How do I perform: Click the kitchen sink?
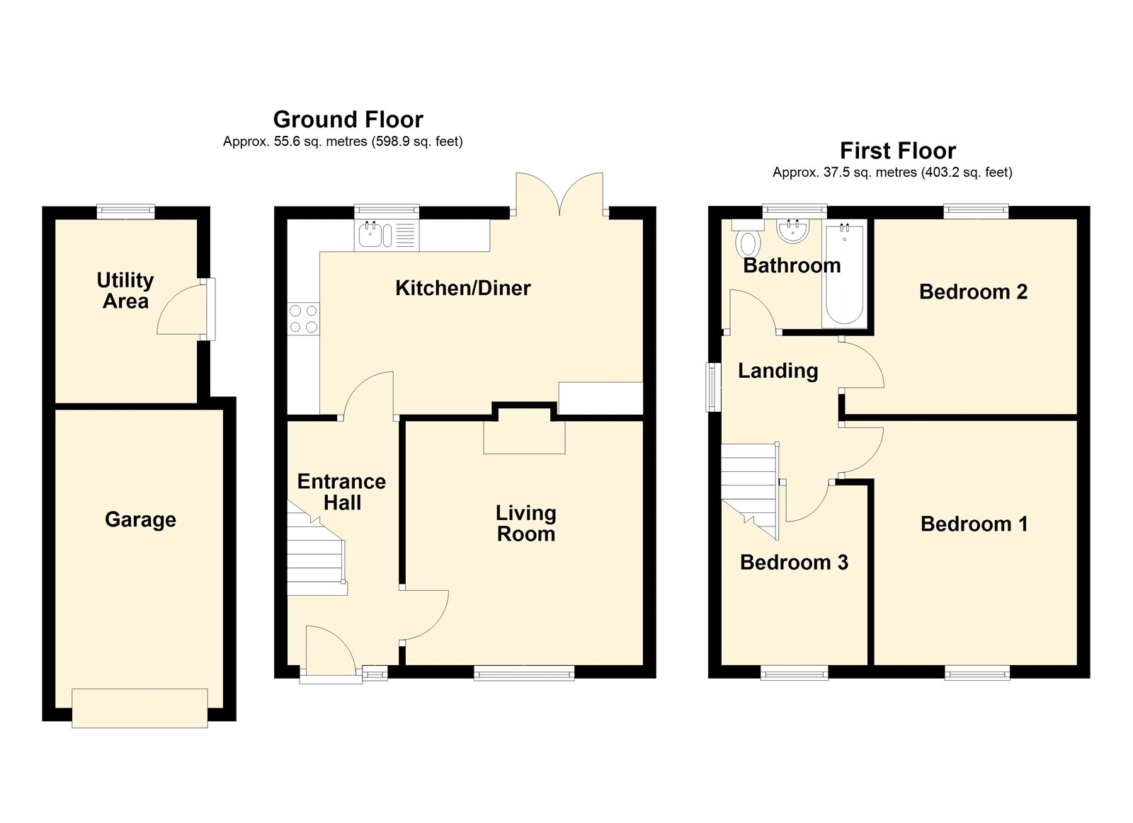[387, 236]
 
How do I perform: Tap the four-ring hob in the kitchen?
[304, 318]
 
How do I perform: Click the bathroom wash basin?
[794, 231]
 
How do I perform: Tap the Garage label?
[141, 520]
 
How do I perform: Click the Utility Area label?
[125, 291]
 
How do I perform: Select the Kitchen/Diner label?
[463, 288]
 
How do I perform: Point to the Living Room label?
[526, 524]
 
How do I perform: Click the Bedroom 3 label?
[794, 563]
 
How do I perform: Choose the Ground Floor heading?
[348, 120]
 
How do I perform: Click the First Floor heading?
[898, 151]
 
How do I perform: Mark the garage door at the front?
[140, 708]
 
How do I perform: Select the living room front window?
[524, 673]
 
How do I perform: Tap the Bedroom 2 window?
[977, 211]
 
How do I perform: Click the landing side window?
[714, 386]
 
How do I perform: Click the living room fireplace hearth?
[525, 437]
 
